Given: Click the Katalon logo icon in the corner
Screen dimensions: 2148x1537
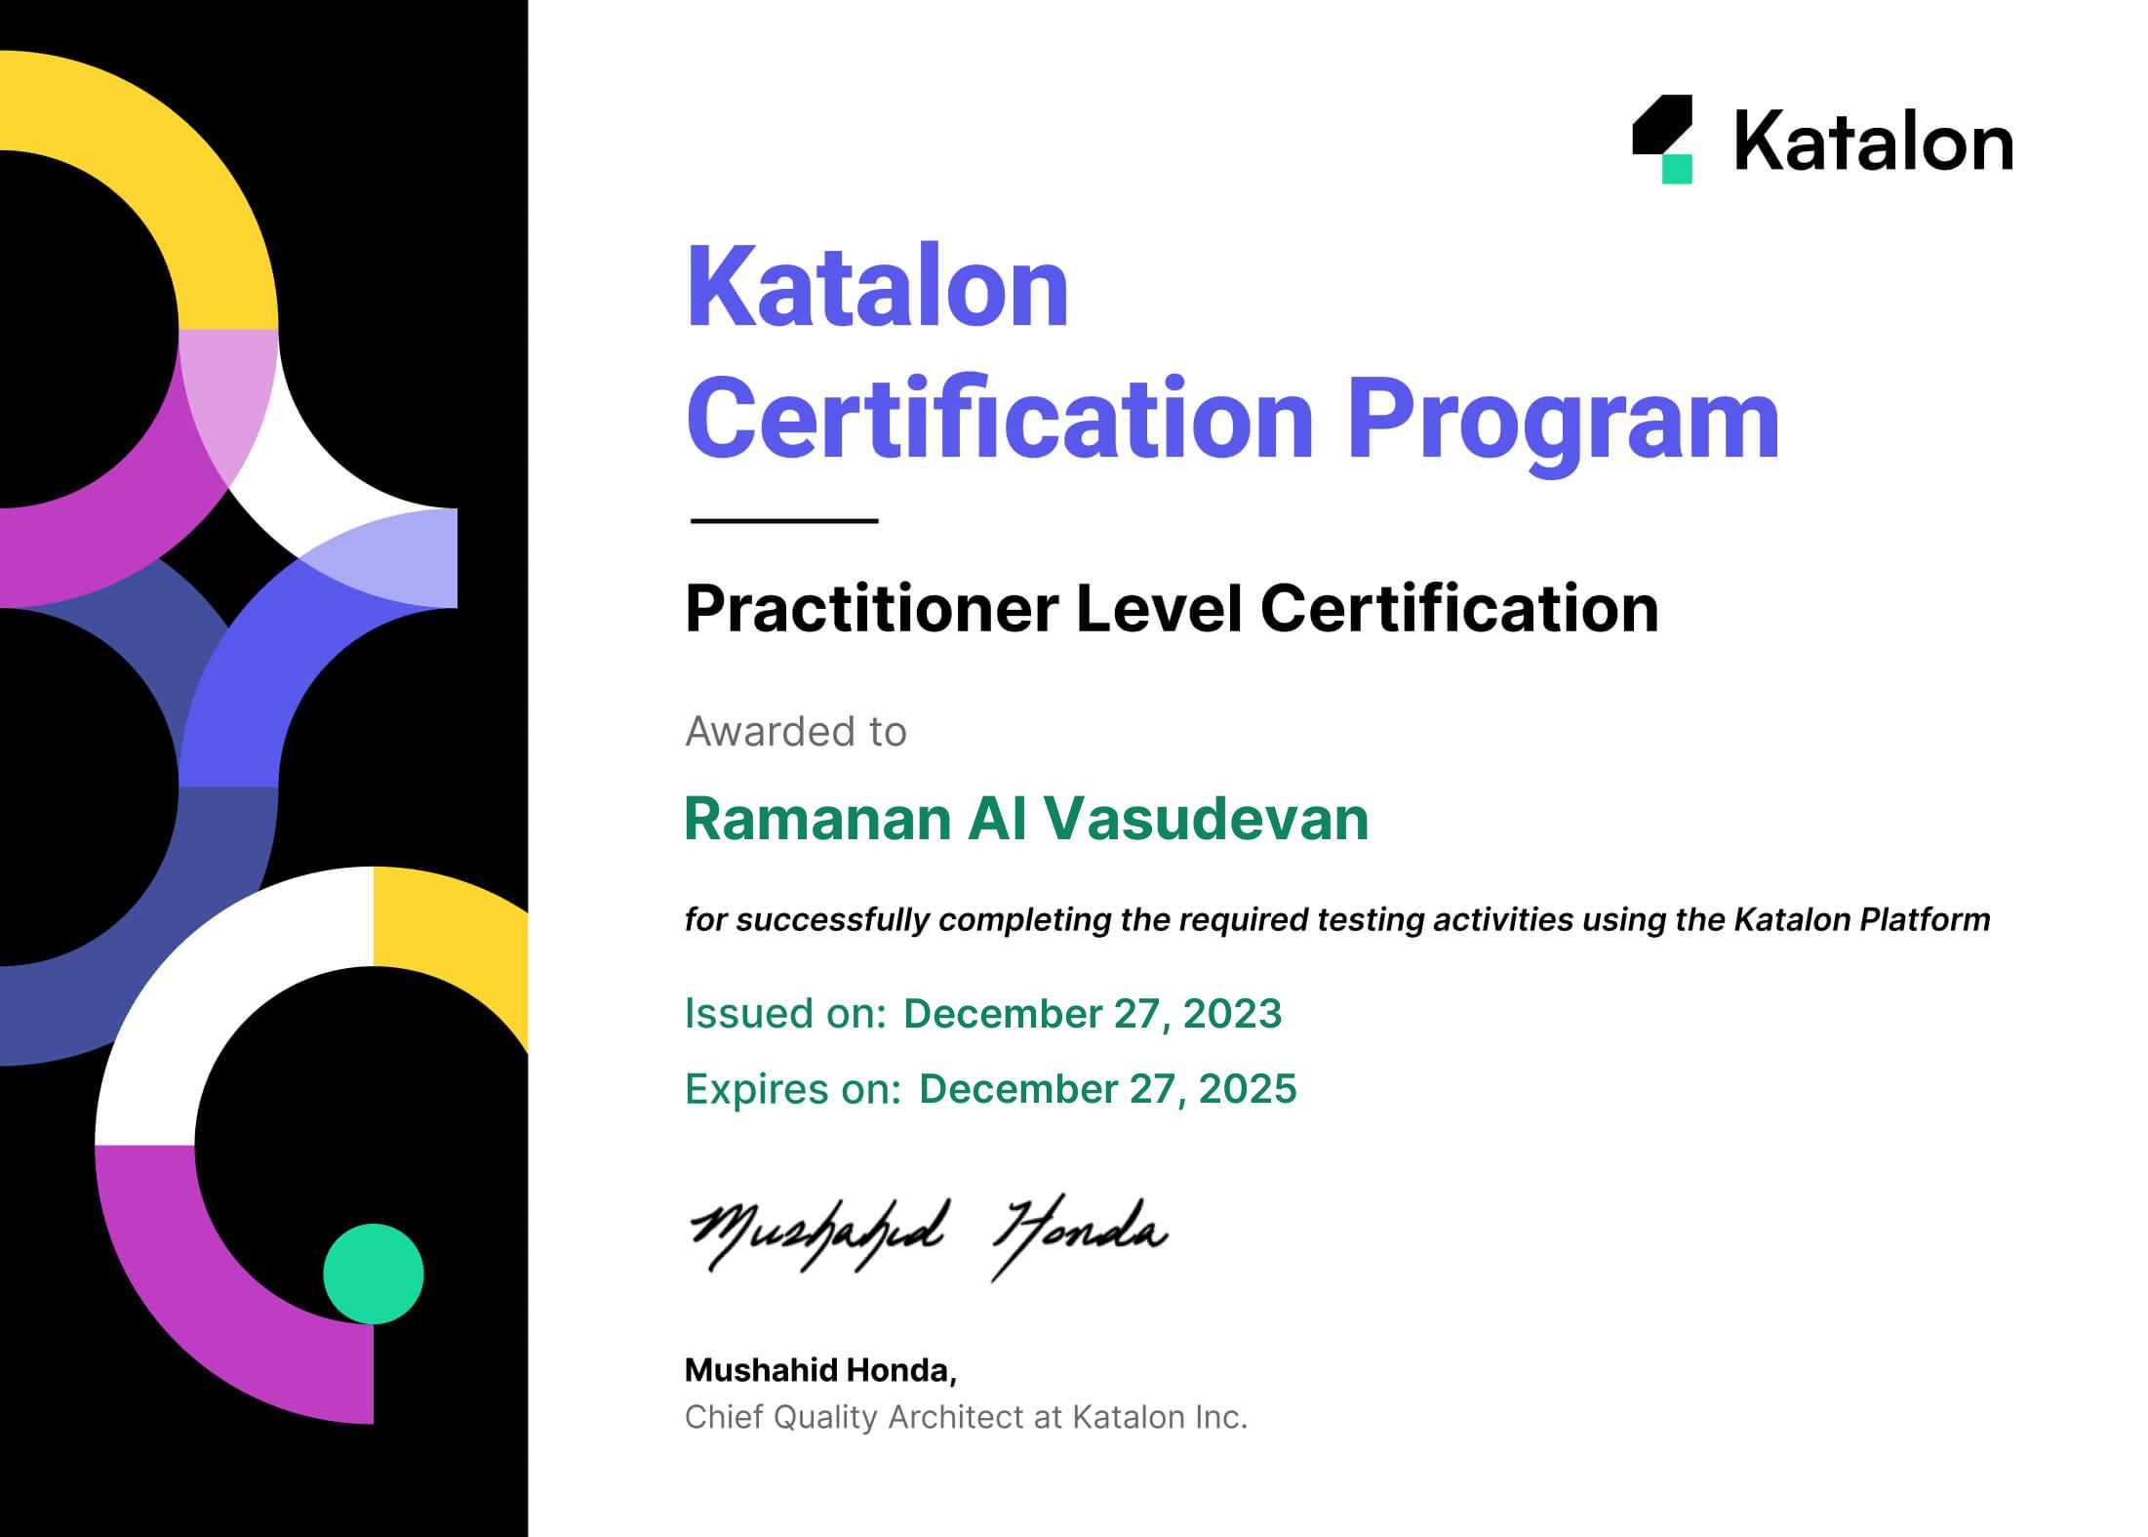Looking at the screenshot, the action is tap(1662, 139).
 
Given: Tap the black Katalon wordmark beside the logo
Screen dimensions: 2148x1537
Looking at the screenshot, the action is tap(1874, 142).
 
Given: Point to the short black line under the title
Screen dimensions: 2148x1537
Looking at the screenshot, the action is tap(784, 521).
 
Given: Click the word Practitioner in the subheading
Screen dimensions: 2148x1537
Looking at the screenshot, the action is tap(871, 609).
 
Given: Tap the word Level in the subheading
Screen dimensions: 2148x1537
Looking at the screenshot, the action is tap(1159, 608).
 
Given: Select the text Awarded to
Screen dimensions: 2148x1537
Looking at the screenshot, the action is tap(796, 732).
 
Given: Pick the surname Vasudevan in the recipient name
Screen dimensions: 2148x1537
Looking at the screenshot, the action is tap(1207, 819).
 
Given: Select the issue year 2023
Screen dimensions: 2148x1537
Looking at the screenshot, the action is tap(1232, 1014).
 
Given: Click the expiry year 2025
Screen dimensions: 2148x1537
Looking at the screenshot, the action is tap(1248, 1089).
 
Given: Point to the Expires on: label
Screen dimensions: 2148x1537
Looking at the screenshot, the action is tap(793, 1090).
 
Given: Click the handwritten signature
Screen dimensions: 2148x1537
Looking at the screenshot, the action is tap(929, 1234).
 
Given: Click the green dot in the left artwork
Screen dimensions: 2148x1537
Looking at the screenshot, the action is tap(374, 1274).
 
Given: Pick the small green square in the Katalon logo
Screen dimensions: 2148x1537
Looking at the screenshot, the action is tap(1677, 169).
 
